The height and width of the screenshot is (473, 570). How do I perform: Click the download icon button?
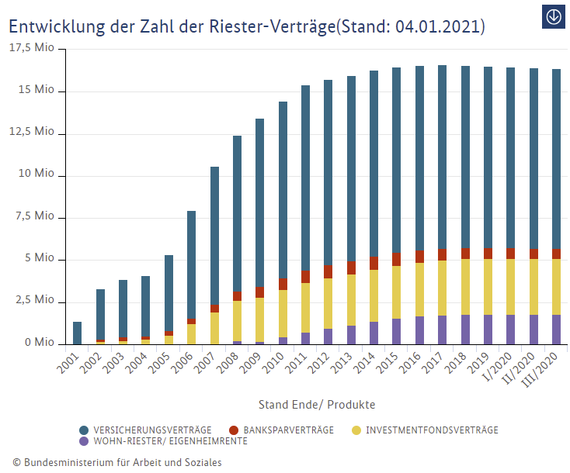click(x=554, y=16)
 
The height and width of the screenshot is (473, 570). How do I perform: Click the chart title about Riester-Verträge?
click(x=247, y=26)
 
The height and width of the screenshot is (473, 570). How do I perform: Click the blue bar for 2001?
click(x=78, y=333)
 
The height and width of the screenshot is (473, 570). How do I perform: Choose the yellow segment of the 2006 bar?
click(x=192, y=333)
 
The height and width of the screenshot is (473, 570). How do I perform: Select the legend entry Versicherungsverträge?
click(x=145, y=430)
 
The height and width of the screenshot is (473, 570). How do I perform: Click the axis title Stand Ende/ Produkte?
click(x=317, y=405)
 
